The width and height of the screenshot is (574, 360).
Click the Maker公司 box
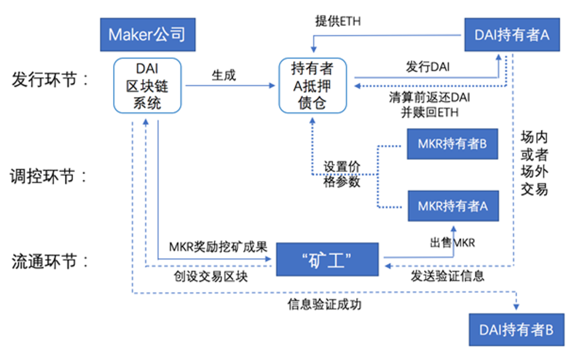pyautogui.click(x=147, y=35)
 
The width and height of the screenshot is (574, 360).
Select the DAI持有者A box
pyautogui.click(x=512, y=35)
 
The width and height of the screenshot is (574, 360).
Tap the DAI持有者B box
pyautogui.click(x=516, y=330)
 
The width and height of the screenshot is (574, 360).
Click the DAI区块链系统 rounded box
pyautogui.click(x=147, y=85)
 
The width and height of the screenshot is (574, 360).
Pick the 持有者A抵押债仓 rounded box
pyautogui.click(x=313, y=85)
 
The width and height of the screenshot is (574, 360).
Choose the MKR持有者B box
pyautogui.click(x=452, y=144)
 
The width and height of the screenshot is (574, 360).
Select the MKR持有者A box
pyautogui.click(x=453, y=205)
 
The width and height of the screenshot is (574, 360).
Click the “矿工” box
pyautogui.click(x=327, y=259)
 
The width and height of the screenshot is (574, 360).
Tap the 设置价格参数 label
pyautogui.click(x=342, y=174)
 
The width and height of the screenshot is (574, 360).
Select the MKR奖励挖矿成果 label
pyautogui.click(x=222, y=247)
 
